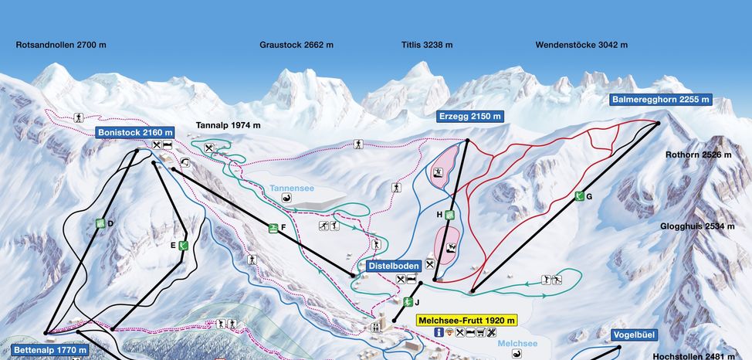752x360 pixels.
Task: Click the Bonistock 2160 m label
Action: (x=135, y=132)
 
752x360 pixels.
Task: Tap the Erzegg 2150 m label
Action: (x=469, y=117)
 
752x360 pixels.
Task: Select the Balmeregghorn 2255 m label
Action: (x=660, y=100)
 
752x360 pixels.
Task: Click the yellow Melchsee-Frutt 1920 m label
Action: (x=466, y=319)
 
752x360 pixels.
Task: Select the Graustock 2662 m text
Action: (x=296, y=45)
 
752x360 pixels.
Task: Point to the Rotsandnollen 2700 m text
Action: (x=61, y=45)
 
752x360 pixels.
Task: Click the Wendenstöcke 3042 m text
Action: (x=581, y=45)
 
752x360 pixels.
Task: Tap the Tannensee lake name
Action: (x=292, y=188)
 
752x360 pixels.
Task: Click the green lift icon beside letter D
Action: (x=100, y=223)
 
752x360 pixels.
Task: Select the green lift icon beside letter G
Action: (x=579, y=197)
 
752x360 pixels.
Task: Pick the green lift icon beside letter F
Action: (x=273, y=227)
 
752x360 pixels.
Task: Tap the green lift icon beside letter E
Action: (x=183, y=246)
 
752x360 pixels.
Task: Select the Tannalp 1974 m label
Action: (x=229, y=125)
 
